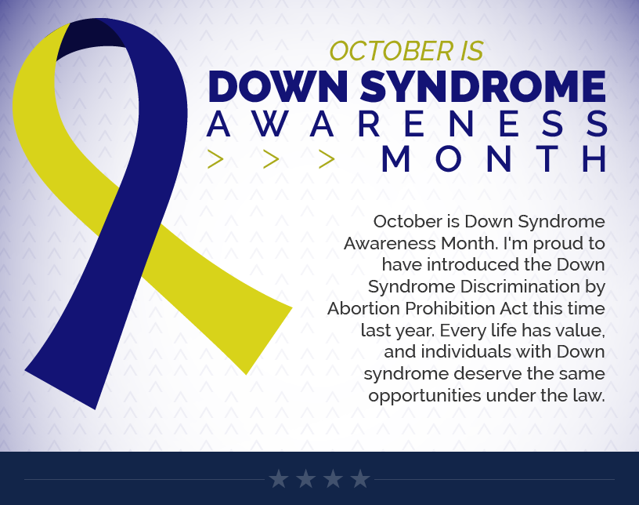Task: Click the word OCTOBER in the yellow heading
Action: click(392, 52)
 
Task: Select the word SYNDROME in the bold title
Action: click(483, 86)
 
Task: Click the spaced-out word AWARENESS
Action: click(407, 123)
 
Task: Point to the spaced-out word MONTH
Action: click(494, 159)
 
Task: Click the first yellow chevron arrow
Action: click(215, 159)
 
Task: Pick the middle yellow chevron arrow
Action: click(271, 159)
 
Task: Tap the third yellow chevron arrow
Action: click(327, 159)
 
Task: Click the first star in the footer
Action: click(279, 478)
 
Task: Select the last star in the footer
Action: click(360, 478)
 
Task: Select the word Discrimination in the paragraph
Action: click(520, 286)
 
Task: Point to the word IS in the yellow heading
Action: click(472, 52)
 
